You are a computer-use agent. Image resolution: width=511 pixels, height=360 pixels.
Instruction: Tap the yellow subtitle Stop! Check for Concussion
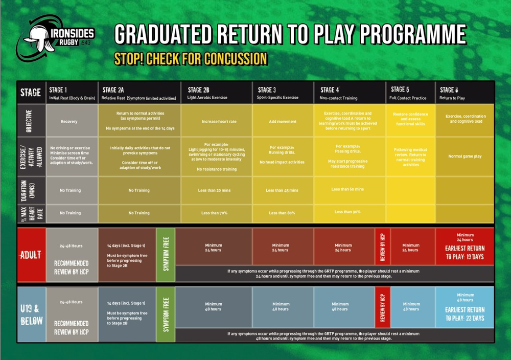(191, 59)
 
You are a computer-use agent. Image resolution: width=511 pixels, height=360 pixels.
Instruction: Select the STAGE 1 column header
(71, 93)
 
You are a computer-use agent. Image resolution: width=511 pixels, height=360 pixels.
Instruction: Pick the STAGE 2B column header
(216, 93)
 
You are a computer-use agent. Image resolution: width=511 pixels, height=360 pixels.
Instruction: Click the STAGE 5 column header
(409, 93)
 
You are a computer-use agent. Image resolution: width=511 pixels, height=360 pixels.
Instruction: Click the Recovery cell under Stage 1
(71, 122)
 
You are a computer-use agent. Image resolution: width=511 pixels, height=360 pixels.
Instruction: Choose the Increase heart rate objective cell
(216, 122)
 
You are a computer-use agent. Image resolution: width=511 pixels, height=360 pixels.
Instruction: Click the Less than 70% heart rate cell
(216, 213)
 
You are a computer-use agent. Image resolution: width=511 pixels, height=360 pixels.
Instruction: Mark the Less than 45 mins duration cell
(282, 190)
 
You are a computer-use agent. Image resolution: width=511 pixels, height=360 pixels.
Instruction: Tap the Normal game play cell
(464, 156)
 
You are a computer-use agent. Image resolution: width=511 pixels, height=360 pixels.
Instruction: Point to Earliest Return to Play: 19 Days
(464, 252)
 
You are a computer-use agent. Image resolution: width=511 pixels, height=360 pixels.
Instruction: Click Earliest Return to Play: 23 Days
(464, 313)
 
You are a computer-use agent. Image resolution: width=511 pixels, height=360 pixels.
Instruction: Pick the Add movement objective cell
(282, 122)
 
